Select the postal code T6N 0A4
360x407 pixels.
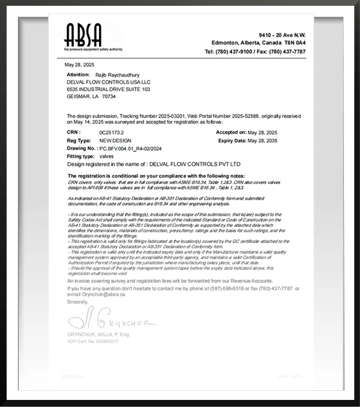293,42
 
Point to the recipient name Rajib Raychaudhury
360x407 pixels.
116,75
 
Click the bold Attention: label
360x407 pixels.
78,75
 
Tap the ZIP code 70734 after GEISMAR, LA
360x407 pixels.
109,96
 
